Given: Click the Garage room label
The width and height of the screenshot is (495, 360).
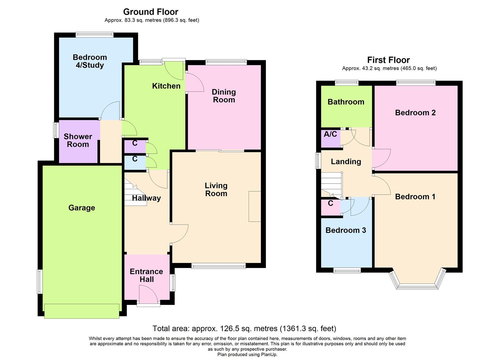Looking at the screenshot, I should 82,208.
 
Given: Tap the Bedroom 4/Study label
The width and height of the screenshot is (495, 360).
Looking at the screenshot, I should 90,61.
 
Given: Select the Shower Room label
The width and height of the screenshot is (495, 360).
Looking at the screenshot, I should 78,140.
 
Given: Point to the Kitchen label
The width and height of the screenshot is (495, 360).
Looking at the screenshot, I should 166,86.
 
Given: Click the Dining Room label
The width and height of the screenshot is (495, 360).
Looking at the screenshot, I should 224,96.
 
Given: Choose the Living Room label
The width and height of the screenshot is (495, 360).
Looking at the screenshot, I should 216,190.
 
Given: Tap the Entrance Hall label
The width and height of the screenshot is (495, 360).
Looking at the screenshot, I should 146,275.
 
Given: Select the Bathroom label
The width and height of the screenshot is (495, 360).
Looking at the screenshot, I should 346,102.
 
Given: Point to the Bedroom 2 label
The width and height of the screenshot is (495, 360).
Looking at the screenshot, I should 415,113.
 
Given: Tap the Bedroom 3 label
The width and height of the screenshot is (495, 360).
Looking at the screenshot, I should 346,230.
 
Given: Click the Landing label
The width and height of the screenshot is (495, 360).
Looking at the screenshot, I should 346,162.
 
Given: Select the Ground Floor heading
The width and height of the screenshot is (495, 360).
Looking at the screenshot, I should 151,12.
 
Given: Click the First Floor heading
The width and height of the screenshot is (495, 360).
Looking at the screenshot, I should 388,60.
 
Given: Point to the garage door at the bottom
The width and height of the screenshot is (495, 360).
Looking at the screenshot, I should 82,311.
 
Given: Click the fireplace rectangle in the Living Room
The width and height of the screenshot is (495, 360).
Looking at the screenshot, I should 255,206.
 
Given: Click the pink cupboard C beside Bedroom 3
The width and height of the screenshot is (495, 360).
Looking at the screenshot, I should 331,207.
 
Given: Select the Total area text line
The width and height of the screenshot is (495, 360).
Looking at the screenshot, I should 244,329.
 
